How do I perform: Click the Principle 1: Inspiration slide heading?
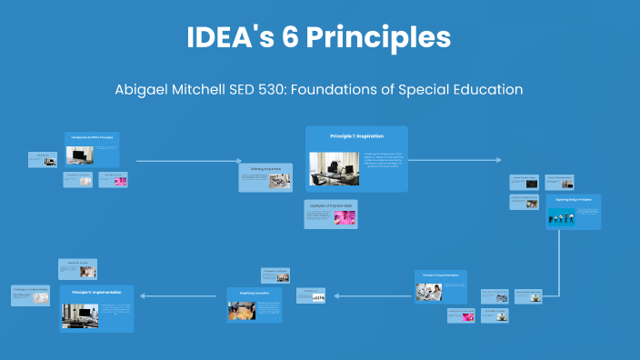pyautogui.click(x=355, y=135)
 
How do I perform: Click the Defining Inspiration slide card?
pyautogui.click(x=265, y=177)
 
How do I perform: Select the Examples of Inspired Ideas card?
pyautogui.click(x=331, y=214)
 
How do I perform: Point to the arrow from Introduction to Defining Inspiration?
pyautogui.click(x=186, y=161)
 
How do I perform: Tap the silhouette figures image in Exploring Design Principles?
pyautogui.click(x=562, y=217)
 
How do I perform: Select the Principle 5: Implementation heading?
pyautogui.click(x=96, y=293)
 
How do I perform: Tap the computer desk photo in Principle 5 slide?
pyautogui.click(x=80, y=314)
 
